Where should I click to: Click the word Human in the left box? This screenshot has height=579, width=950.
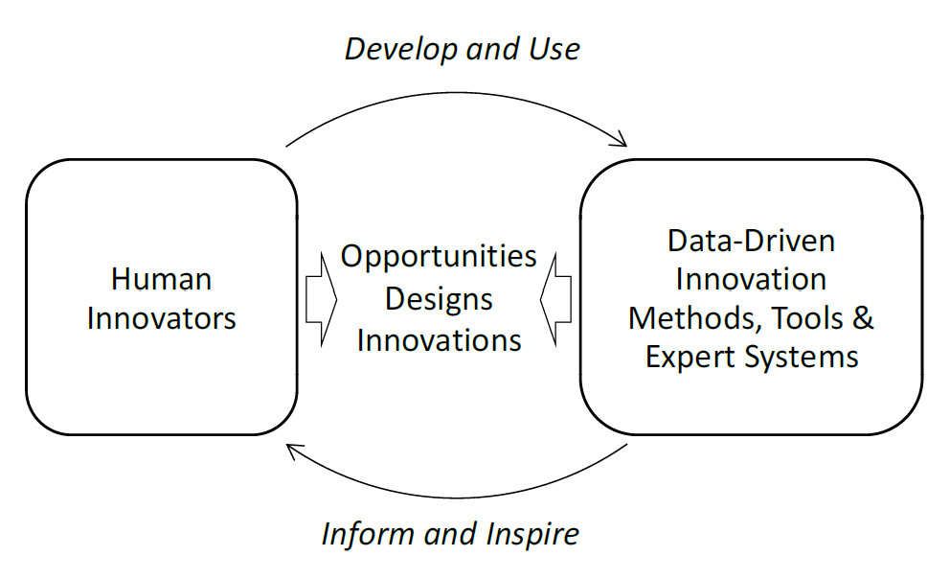click(x=161, y=280)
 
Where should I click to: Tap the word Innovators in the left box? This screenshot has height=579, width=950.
click(x=161, y=318)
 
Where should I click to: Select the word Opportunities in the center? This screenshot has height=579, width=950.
click(x=439, y=257)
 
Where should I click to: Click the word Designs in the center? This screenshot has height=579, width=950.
click(x=439, y=299)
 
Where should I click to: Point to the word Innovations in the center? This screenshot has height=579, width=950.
click(x=439, y=340)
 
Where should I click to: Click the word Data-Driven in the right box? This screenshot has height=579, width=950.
click(x=751, y=241)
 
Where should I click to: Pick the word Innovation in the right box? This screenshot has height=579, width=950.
click(x=751, y=280)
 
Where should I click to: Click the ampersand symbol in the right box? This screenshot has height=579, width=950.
click(x=864, y=318)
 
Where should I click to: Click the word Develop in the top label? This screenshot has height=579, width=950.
click(x=401, y=50)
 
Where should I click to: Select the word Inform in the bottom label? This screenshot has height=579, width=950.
click(x=369, y=534)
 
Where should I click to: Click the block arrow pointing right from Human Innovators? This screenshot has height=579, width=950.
click(x=321, y=299)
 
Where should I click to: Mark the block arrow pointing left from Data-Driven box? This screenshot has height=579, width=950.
click(x=555, y=299)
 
